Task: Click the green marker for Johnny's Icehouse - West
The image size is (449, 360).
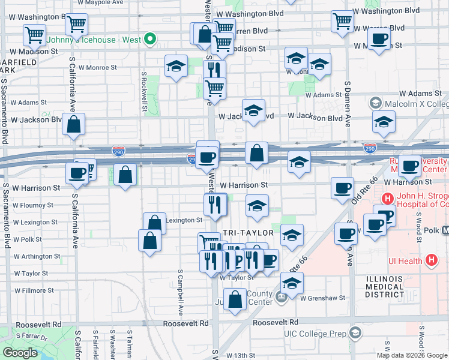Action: (151, 41)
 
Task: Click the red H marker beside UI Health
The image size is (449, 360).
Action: (430, 260)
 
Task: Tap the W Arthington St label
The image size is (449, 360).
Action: (37, 256)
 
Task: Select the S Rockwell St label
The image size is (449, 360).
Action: (145, 92)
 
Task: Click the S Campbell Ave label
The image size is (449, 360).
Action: (180, 292)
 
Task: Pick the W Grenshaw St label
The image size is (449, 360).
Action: (324, 298)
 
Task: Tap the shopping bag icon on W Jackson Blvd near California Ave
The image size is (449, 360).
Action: (73, 125)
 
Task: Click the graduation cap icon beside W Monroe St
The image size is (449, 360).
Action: (176, 66)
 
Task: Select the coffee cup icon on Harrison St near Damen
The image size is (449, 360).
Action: (342, 188)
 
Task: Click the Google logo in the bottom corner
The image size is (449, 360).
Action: (20, 353)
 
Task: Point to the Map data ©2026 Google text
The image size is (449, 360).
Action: (412, 355)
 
